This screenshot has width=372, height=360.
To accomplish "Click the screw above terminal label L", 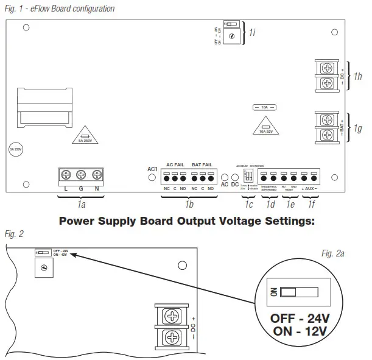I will click(x=66, y=175).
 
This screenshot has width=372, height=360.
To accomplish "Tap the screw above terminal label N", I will click(x=96, y=175).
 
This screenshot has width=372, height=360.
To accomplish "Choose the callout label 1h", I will click(x=358, y=76).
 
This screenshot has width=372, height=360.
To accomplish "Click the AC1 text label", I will click(x=153, y=169).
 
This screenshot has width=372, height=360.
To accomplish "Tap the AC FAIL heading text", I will click(x=175, y=166).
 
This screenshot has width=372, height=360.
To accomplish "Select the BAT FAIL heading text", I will click(x=202, y=166).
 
